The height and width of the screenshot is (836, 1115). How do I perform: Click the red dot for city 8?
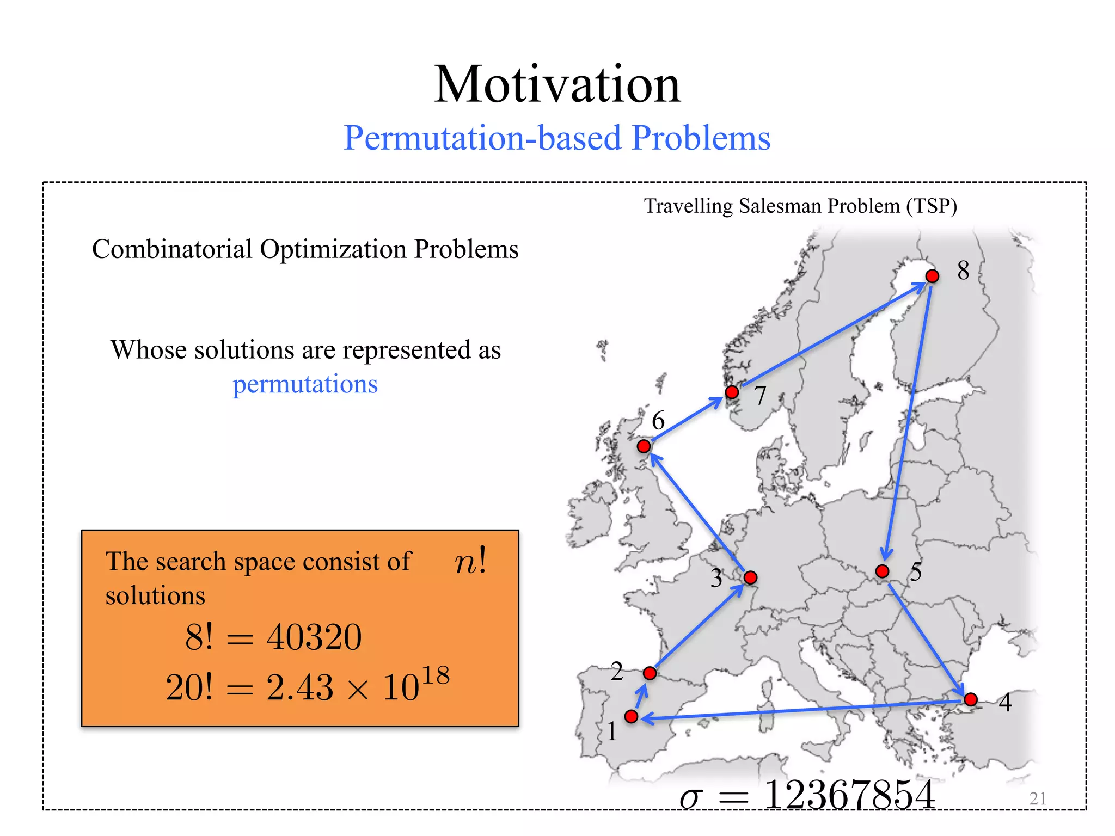[x=932, y=276]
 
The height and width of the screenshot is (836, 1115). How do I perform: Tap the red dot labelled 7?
[x=732, y=392]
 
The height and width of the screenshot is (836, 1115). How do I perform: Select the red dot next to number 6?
[x=644, y=446]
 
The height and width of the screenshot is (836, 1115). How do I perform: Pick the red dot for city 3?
[x=750, y=577]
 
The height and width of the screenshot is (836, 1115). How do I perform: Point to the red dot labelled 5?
[x=883, y=571]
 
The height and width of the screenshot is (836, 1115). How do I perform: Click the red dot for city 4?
[x=971, y=699]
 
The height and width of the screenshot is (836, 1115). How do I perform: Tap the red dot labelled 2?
[x=650, y=673]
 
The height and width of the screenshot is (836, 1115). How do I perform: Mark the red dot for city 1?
[x=632, y=716]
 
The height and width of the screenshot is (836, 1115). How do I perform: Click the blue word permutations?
[x=305, y=384]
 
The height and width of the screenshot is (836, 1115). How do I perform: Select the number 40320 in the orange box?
[x=314, y=637]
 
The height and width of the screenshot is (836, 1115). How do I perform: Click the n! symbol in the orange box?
[x=470, y=562]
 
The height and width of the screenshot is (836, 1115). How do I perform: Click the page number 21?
[x=1038, y=798]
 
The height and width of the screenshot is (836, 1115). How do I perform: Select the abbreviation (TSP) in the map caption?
[x=932, y=206]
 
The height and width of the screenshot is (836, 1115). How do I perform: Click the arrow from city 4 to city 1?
[x=800, y=710]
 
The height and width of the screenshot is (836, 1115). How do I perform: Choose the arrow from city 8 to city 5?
[x=908, y=419]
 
